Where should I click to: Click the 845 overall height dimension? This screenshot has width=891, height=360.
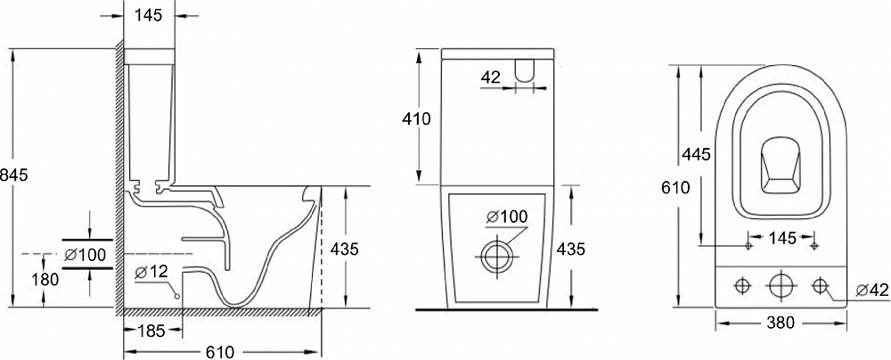tap(13, 176)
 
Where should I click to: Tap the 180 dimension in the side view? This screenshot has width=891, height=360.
tap(46, 279)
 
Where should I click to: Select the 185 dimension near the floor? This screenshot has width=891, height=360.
tap(151, 330)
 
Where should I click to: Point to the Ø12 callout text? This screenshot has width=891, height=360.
tap(151, 272)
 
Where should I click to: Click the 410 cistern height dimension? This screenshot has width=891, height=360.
tap(416, 119)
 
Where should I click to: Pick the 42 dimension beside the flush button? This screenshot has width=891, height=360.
tap(491, 77)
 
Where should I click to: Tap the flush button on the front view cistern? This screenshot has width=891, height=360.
tap(525, 70)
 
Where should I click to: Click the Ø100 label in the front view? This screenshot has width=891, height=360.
tap(507, 217)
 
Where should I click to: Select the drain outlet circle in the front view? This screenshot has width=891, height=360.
tap(497, 256)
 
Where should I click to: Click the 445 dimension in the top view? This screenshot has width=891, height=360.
tap(697, 154)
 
